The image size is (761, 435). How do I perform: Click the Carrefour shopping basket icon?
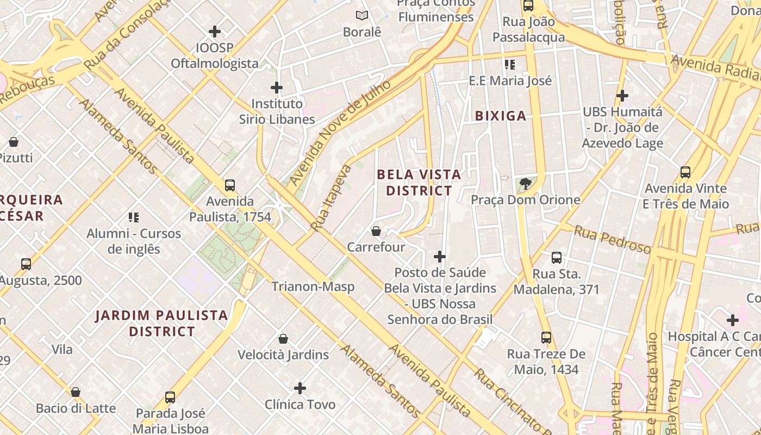(376, 232)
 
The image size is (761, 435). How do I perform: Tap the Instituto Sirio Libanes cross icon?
(277, 87)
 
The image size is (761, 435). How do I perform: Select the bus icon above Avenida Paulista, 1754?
(230, 185)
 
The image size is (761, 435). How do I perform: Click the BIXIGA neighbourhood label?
(501, 115)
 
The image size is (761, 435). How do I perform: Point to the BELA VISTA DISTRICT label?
(419, 183)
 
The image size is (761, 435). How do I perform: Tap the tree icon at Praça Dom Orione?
(525, 184)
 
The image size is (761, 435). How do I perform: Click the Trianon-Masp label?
(313, 287)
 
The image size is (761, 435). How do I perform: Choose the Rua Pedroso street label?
(613, 240)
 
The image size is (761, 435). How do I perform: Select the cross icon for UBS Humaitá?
(622, 96)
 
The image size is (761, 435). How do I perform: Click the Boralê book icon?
(361, 16)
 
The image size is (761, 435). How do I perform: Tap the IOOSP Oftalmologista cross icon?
(215, 32)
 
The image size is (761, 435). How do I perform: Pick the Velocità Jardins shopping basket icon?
(283, 339)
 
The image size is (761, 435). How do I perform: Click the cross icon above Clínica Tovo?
(300, 388)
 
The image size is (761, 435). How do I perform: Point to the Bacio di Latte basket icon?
(76, 392)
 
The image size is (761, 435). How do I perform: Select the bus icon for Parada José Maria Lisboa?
(170, 397)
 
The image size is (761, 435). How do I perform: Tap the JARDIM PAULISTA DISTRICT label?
(161, 323)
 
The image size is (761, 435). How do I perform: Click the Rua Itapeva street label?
(331, 198)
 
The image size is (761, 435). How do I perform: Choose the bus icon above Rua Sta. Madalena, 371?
(556, 258)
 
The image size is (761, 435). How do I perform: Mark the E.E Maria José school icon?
(510, 65)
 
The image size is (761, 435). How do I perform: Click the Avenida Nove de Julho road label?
(340, 132)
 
